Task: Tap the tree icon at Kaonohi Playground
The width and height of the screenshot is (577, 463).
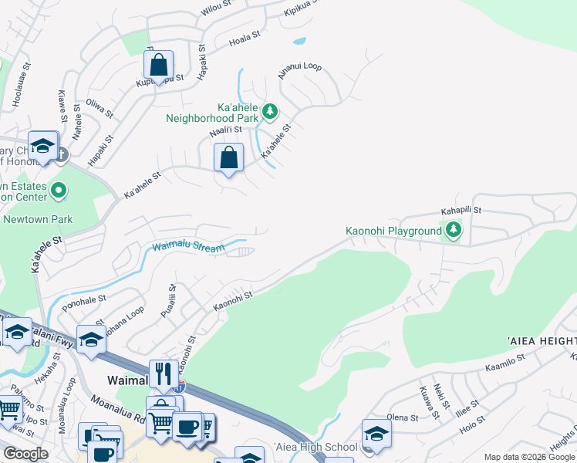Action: [x=454, y=230]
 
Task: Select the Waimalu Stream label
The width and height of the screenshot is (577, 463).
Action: [x=188, y=247]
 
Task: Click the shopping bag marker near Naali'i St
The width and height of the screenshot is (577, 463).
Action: [x=228, y=158]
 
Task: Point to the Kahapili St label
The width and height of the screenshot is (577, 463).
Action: [x=461, y=209]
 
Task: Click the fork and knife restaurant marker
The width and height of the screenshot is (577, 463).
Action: [x=163, y=374]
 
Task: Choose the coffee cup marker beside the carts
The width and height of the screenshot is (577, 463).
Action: [x=187, y=427]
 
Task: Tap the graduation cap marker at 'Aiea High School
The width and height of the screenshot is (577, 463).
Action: [x=376, y=434]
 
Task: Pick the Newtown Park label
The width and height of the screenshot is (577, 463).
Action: [x=38, y=219]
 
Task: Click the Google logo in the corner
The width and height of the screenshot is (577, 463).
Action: [x=25, y=454]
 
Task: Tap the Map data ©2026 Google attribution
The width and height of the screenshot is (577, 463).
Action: [x=530, y=457]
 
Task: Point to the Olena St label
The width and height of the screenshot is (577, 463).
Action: [x=402, y=417]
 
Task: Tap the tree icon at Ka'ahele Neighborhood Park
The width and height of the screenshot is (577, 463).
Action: [x=270, y=111]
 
